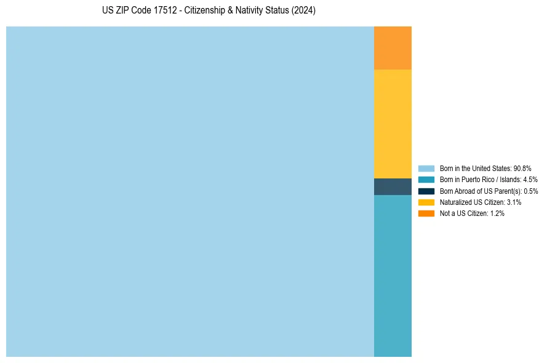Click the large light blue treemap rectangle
tap(190, 191)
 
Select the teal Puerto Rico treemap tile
tap(393, 276)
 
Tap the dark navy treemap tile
tap(393, 186)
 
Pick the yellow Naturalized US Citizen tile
tap(393, 124)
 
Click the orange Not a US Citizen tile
tap(393, 48)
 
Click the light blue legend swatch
tap(426, 168)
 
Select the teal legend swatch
tap(426, 180)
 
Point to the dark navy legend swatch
tap(426, 191)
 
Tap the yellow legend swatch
tap(426, 202)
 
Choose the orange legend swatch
tap(426, 213)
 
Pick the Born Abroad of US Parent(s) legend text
tap(480, 191)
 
